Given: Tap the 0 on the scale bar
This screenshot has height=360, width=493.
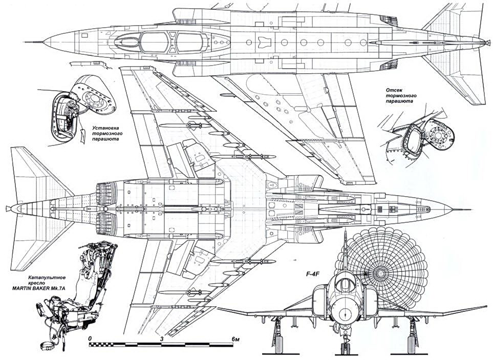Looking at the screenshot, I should [90, 338].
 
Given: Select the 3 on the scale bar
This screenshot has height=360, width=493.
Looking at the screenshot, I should [162, 338].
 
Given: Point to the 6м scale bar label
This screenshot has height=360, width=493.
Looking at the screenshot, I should [237, 338].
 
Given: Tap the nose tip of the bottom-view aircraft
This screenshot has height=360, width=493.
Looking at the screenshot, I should [453, 209].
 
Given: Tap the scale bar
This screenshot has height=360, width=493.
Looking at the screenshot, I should [162, 345].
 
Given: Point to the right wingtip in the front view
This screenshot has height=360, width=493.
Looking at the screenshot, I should [486, 307].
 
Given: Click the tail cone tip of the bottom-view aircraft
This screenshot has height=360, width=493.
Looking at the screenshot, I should [10, 209].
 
